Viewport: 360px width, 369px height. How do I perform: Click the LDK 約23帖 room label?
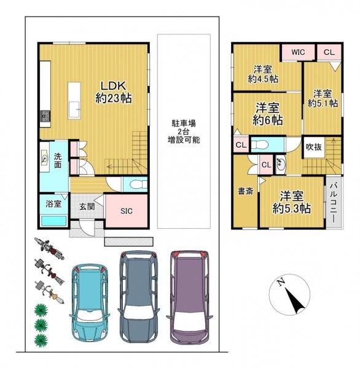(111, 90)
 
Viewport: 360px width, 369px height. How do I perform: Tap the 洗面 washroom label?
(57, 161)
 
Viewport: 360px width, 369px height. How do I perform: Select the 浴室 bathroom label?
(53, 204)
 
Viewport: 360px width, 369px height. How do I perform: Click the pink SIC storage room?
(125, 211)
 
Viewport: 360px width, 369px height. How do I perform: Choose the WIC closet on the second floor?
(298, 52)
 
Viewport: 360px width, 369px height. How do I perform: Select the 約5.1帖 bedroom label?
(323, 98)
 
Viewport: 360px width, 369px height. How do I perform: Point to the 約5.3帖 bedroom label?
(291, 202)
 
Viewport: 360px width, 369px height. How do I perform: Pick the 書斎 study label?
(246, 191)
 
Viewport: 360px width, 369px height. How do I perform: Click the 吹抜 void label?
(313, 148)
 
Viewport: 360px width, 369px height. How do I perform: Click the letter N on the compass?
(280, 282)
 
